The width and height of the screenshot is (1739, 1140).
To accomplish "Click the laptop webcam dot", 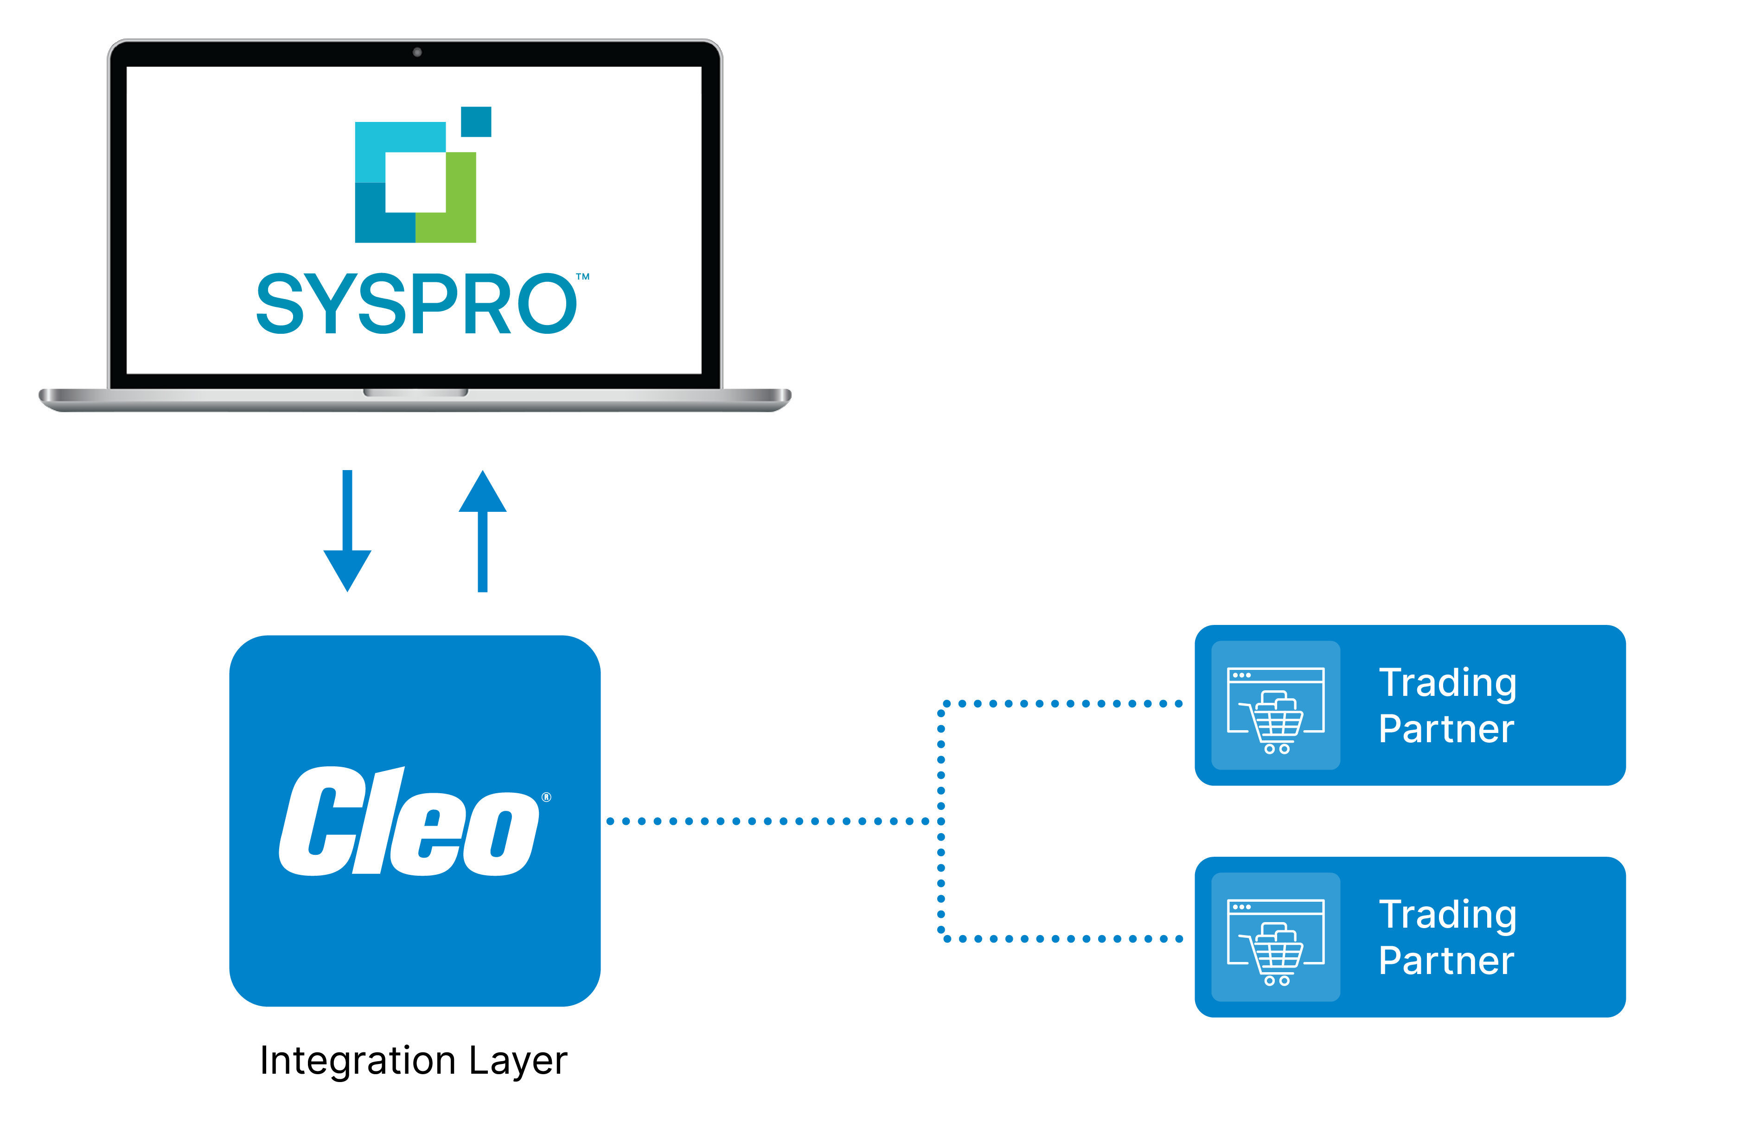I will pos(417,52).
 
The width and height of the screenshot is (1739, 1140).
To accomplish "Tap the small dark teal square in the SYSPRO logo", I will pos(476,121).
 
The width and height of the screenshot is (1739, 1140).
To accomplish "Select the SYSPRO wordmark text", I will pos(416,303).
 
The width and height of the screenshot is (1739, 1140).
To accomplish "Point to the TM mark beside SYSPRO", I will pos(582,277).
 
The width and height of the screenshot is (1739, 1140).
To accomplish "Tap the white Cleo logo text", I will pos(409,821).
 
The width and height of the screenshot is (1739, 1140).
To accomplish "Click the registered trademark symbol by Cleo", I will pos(547,797).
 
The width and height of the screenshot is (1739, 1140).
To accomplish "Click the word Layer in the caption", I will pos(518,1062).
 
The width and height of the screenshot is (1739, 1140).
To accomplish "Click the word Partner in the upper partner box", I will pos(1446,729).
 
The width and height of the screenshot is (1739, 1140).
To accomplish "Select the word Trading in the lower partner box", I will pos(1447,916).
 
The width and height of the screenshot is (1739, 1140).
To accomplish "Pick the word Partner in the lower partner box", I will pos(1446,960).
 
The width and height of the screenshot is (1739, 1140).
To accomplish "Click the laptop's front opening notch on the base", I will pos(416,393).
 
